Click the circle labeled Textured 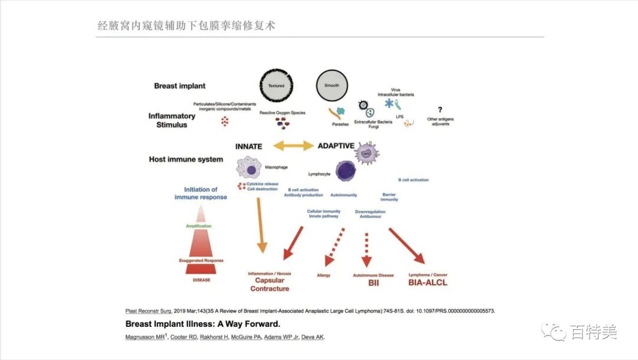[276, 86]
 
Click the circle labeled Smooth [332, 86]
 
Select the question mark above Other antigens [440, 109]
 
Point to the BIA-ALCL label [428, 283]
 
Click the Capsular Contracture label [269, 284]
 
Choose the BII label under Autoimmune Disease [373, 283]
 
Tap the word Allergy [324, 275]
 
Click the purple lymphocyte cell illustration [346, 170]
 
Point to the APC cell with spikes [367, 153]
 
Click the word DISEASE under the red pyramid [201, 280]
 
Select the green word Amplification [199, 226]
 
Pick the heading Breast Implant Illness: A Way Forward [203, 324]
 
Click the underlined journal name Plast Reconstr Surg [148, 311]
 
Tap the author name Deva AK [313, 337]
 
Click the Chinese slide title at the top [186, 25]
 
